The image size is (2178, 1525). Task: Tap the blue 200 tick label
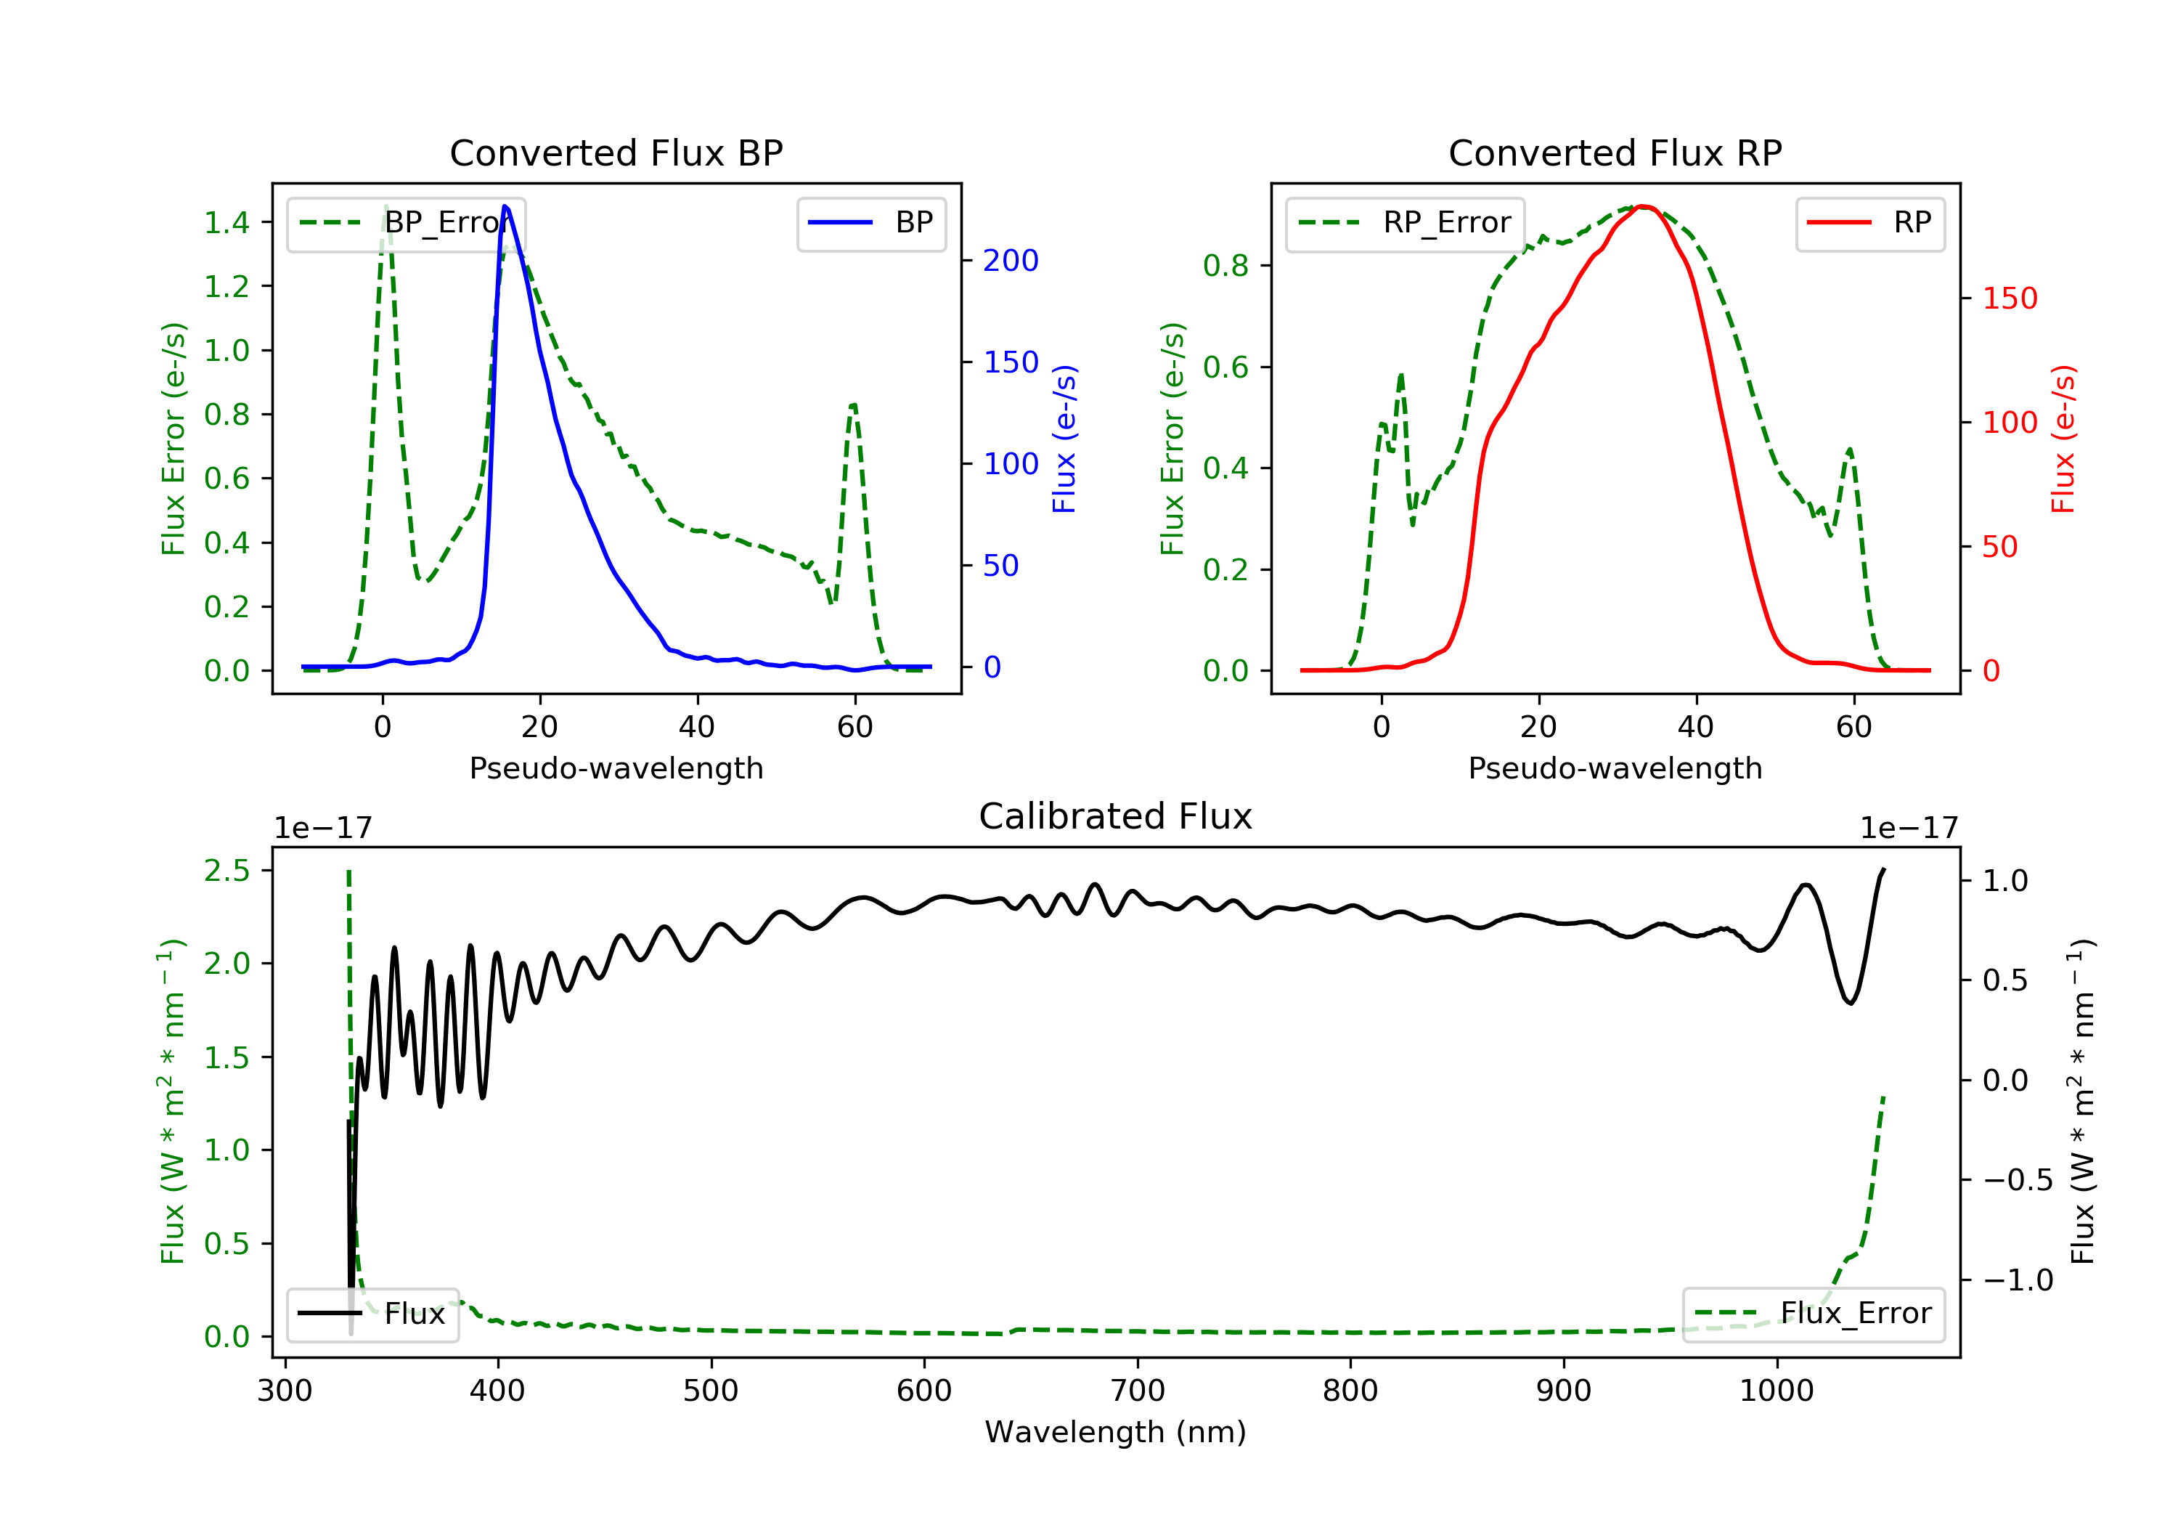pos(1011,261)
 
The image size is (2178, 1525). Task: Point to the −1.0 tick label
pos(2017,1281)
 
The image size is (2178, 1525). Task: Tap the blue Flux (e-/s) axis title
pos(1064,439)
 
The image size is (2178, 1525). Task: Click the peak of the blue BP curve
pos(505,206)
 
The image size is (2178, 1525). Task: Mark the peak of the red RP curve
pos(1644,206)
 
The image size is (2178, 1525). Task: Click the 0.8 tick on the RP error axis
pos(1225,266)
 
